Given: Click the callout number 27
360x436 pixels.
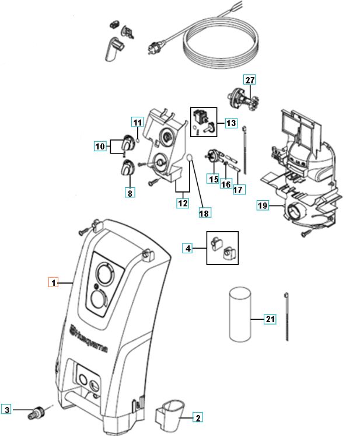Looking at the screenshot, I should pos(250,80).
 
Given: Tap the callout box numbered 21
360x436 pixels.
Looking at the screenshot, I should pos(270,319).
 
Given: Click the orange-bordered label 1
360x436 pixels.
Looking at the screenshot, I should pos(53,283).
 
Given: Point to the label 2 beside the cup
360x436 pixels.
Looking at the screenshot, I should pos(198,417).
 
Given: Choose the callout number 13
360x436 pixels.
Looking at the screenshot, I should pos(231,123).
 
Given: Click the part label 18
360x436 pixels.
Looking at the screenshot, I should pos(204,214).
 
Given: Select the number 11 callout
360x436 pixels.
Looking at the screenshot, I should pos(137,123).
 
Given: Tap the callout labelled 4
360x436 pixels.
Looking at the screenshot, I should pos(188,249).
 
